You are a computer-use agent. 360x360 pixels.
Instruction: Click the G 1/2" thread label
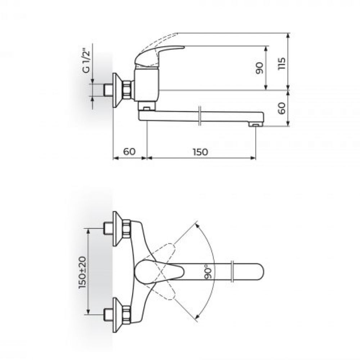pos(87,60)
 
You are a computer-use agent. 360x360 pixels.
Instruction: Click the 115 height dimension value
pos(282,64)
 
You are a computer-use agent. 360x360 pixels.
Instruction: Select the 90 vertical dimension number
pos(260,68)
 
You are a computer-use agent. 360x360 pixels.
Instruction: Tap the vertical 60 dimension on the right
pos(282,108)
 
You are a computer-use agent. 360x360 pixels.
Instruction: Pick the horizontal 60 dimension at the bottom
pos(130,152)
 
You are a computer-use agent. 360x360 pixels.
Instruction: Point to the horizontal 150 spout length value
pos(200,152)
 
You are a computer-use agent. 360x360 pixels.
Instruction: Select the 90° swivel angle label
pos(208,272)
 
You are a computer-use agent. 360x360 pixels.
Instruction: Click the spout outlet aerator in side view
pos(256,124)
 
